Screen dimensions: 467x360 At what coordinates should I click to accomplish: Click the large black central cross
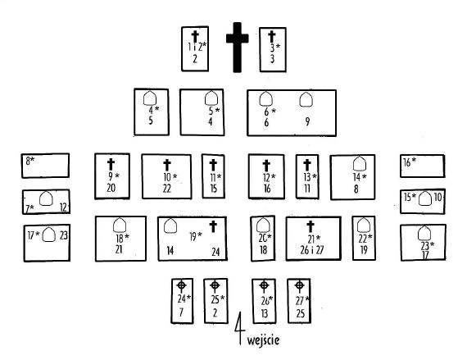point(237,47)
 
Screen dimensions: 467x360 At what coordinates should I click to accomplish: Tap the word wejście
point(263,340)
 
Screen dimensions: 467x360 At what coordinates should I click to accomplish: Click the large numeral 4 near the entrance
point(240,328)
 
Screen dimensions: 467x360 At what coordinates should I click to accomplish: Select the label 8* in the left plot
point(30,161)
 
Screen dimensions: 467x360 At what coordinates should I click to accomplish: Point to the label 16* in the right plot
point(410,162)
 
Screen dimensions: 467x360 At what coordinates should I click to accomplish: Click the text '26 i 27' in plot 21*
point(312,250)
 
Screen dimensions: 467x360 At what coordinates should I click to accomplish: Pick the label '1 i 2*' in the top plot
point(197,47)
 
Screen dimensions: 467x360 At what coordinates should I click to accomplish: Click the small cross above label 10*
point(167,165)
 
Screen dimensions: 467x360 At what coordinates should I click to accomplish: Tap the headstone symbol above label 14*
point(360,163)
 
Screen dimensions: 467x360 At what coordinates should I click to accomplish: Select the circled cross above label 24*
point(181,286)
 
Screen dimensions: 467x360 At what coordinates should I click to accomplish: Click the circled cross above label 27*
point(299,286)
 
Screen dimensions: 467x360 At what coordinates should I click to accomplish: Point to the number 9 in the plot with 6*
point(307,121)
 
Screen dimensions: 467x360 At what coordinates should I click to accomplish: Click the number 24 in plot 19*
point(216,252)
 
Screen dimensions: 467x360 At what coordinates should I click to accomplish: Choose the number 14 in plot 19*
point(170,251)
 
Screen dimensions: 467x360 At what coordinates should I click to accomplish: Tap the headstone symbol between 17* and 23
point(49,235)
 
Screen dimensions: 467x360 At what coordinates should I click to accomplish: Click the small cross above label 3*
point(272,36)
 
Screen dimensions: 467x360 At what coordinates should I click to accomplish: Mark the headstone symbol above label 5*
point(211,98)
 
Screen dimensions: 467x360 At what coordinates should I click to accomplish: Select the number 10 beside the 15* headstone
point(438,197)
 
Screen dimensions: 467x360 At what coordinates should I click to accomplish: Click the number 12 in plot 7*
point(63,207)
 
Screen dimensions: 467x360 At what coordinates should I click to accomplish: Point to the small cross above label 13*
point(307,165)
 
